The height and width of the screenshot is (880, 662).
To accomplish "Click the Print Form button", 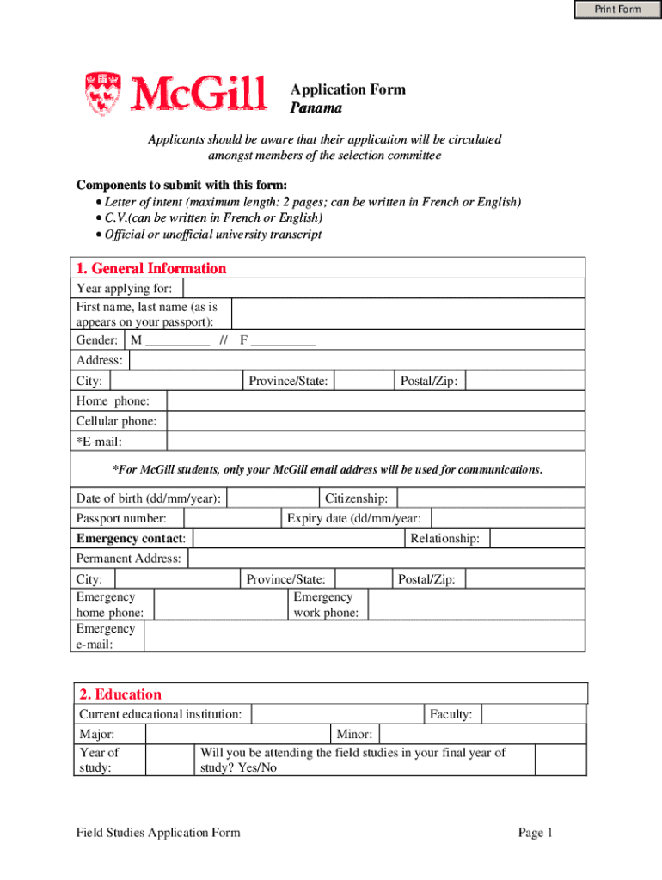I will pyautogui.click(x=617, y=9).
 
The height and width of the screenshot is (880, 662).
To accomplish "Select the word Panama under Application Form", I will pyautogui.click(x=316, y=108).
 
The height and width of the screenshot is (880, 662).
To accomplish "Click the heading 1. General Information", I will pyautogui.click(x=151, y=268).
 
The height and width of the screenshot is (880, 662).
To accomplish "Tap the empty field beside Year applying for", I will pyautogui.click(x=383, y=288).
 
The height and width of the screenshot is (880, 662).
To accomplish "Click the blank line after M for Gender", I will pyautogui.click(x=177, y=340).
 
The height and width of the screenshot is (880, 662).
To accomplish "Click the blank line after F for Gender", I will pyautogui.click(x=283, y=340).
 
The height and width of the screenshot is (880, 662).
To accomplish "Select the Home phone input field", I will pyautogui.click(x=375, y=401).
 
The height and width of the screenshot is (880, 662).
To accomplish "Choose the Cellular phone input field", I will pyautogui.click(x=375, y=421).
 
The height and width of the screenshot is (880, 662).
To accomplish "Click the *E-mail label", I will pyautogui.click(x=99, y=442).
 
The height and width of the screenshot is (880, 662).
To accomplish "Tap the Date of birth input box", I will pyautogui.click(x=273, y=498).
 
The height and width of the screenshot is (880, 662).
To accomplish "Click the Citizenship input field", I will pyautogui.click(x=491, y=498).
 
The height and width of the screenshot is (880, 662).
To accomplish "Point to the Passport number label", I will pyautogui.click(x=127, y=518).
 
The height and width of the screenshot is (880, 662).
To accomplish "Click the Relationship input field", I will pyautogui.click(x=537, y=539).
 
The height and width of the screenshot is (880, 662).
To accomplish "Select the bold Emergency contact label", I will pyautogui.click(x=131, y=539).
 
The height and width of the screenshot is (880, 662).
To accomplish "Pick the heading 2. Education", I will pyautogui.click(x=120, y=694).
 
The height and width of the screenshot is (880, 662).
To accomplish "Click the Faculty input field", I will pyautogui.click(x=533, y=714).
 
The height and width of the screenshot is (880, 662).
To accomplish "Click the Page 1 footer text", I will pyautogui.click(x=535, y=832).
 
